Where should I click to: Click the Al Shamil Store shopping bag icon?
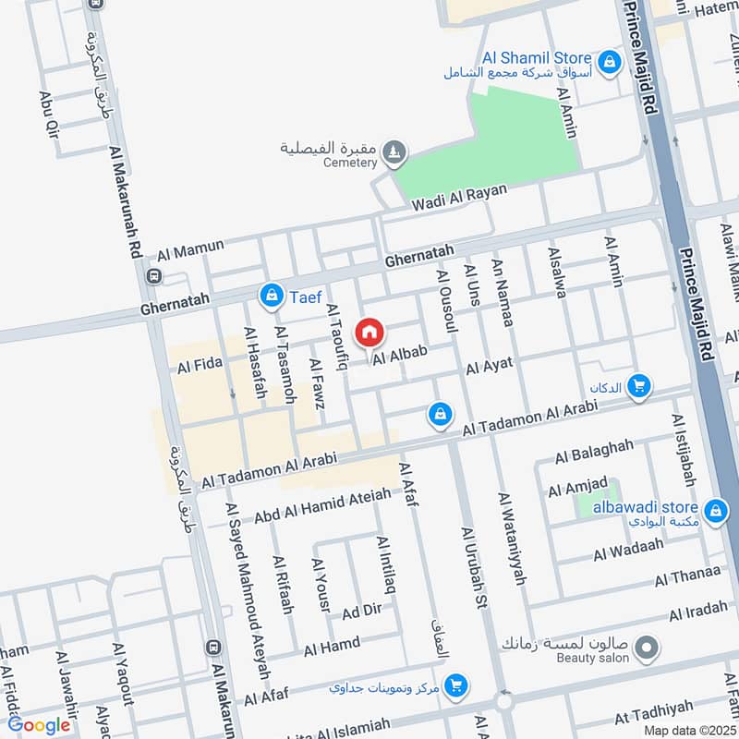(x=609, y=63)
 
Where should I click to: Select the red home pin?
(x=369, y=332)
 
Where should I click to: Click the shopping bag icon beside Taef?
(x=272, y=296)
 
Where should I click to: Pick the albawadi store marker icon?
(x=714, y=509)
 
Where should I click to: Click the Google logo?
(x=39, y=725)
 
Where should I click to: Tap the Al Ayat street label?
(x=489, y=367)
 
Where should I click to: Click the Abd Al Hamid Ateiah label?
(x=322, y=506)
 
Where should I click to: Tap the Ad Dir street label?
(x=361, y=612)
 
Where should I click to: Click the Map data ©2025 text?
(x=690, y=730)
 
